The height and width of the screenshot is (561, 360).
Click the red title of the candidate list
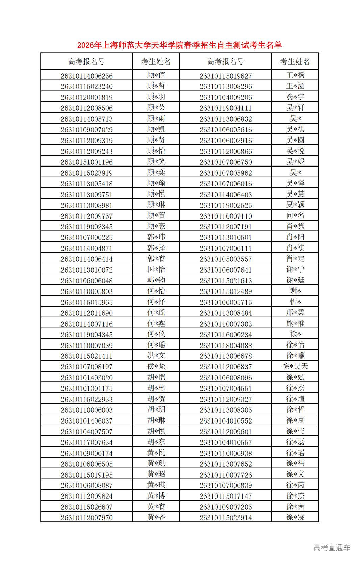pos(179,45)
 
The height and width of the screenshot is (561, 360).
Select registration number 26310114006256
pos(87,76)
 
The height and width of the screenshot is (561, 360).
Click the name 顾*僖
pos(156,75)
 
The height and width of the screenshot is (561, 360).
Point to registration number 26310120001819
pos(87,98)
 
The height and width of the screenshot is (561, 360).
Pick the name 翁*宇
pos(295,97)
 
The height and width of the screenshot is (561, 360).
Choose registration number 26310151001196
pos(87,162)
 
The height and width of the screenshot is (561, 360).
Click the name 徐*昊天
pos(295,366)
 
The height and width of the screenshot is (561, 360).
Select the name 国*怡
pos(156,269)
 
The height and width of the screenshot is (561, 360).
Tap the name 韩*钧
pos(156,280)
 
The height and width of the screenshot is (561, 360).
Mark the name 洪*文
pos(156,355)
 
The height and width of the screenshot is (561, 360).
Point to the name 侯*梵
pos(156,366)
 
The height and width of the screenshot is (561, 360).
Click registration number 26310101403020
pos(87,378)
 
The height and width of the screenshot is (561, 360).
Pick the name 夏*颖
pos(295,205)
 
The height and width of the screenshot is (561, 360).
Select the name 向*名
pos(295,215)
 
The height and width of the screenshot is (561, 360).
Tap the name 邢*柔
pos(295,312)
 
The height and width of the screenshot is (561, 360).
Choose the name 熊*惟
pos(295,323)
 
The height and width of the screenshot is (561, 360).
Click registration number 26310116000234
pos(226,335)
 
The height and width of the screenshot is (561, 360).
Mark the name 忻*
pos(295,302)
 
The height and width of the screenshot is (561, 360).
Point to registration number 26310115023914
pos(226,518)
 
